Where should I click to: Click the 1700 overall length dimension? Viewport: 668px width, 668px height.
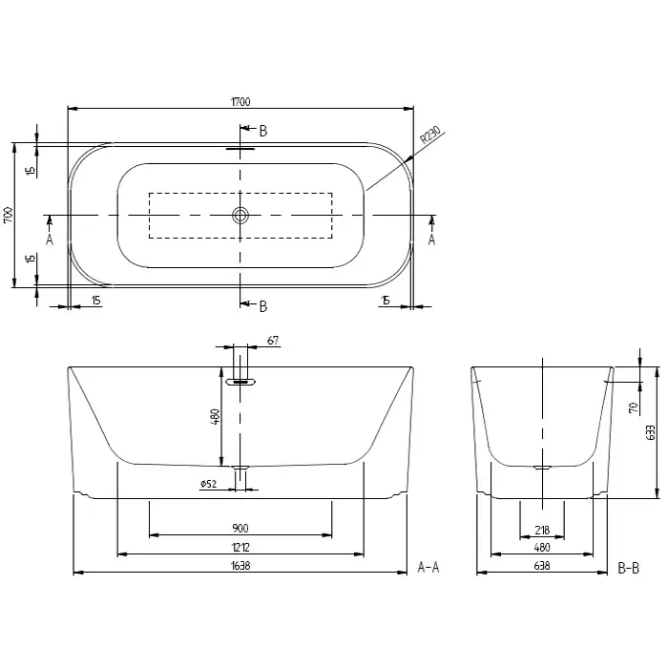tap(240, 102)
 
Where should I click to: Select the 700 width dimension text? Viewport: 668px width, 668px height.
tap(8, 215)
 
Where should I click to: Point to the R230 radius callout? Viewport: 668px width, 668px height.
tap(429, 135)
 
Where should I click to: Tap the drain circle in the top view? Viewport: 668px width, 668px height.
tap(240, 215)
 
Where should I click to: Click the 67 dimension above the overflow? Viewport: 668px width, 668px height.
tap(273, 341)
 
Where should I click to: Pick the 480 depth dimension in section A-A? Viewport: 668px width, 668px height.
tap(215, 417)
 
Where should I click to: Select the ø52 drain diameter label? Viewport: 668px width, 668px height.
tap(208, 484)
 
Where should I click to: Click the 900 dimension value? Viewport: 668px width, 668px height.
tap(240, 529)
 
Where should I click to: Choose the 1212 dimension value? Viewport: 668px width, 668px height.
tap(240, 547)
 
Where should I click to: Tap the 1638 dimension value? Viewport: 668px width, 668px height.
tap(240, 566)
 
